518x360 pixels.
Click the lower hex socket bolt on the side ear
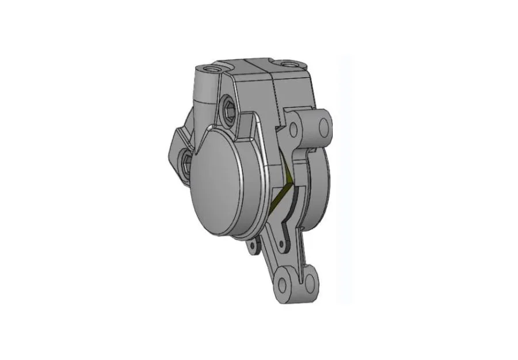point(186,162)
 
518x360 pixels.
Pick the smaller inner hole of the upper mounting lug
point(294,129)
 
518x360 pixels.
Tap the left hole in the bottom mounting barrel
point(283,284)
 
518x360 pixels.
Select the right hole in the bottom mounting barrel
point(310,282)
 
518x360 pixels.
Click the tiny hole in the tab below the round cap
point(250,247)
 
